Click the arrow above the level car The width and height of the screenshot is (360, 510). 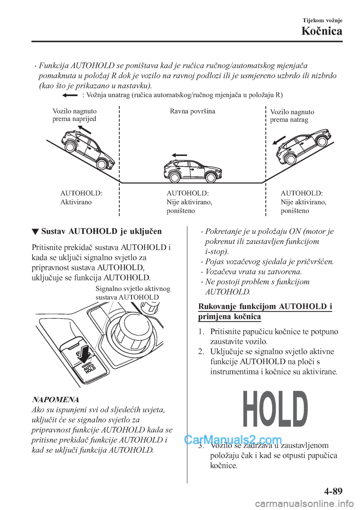click(x=179, y=155)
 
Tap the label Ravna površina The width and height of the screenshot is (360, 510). click(x=192, y=111)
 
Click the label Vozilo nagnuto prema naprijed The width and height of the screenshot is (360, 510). click(x=74, y=115)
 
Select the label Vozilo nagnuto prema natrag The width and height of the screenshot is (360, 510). click(x=292, y=116)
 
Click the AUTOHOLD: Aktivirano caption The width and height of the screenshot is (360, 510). click(x=81, y=198)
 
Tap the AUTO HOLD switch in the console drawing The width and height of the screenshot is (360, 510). click(x=89, y=368)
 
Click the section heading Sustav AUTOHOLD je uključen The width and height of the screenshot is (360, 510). click(x=102, y=231)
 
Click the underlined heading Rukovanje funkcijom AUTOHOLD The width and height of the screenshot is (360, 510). click(x=265, y=312)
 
